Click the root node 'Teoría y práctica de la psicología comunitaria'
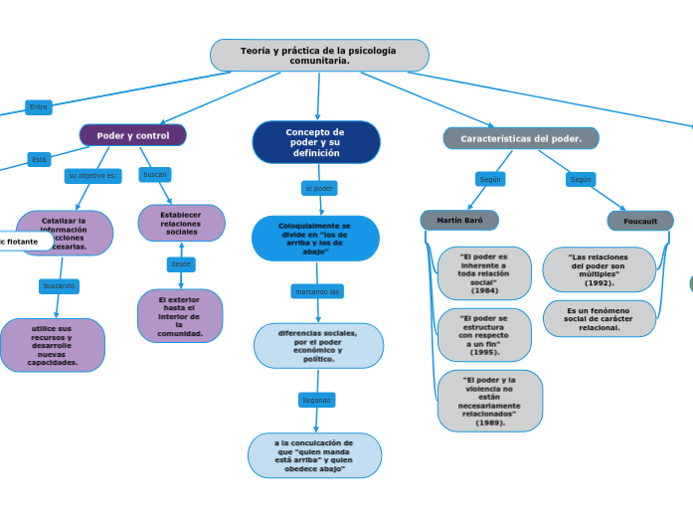[319, 56]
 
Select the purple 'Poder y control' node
[133, 135]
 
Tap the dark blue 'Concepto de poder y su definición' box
[316, 142]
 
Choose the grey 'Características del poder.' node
[521, 138]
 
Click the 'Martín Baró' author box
[459, 220]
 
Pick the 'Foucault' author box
[640, 221]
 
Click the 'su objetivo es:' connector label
[92, 176]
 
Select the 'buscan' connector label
[155, 175]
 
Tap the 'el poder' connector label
[319, 188]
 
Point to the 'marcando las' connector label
[317, 291]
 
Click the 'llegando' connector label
[316, 400]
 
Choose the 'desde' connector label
[181, 264]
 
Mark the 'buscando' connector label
[59, 286]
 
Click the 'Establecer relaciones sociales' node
[181, 223]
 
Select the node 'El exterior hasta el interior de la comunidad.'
[180, 315]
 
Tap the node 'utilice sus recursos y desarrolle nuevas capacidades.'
[52, 345]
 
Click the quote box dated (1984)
[484, 273]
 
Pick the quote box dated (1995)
[484, 335]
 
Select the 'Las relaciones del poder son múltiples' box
[599, 269]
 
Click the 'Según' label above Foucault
[581, 180]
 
